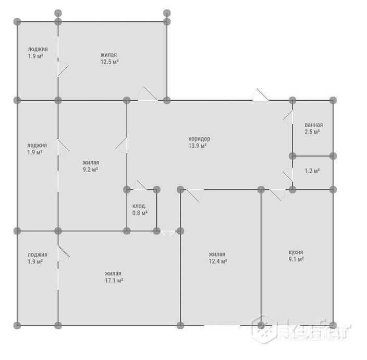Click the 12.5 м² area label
click(109, 62)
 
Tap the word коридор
click(199, 139)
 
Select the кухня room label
click(296, 252)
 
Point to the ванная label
click(314, 125)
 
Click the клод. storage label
click(139, 206)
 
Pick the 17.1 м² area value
click(114, 281)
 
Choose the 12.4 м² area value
click(218, 261)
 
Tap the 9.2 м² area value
click(90, 170)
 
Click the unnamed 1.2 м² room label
click(312, 171)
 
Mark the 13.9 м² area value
click(198, 146)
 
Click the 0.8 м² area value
click(140, 213)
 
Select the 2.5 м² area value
click(312, 132)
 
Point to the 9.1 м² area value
click(296, 259)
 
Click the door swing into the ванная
click(288, 117)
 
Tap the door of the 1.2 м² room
click(288, 175)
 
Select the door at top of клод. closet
click(140, 186)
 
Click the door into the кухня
click(277, 195)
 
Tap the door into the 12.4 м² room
click(195, 195)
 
